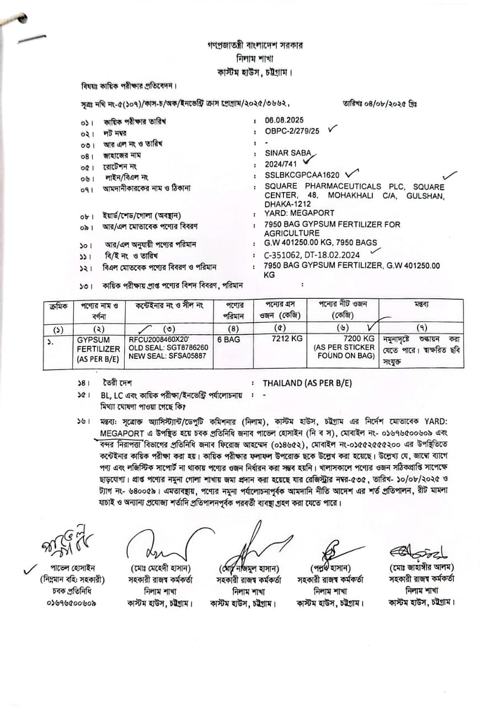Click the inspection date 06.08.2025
click(284, 120)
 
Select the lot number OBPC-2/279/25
click(292, 131)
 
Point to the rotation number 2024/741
click(281, 165)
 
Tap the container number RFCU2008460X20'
click(159, 339)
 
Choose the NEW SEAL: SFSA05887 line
click(167, 356)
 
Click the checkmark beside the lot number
click(332, 129)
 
